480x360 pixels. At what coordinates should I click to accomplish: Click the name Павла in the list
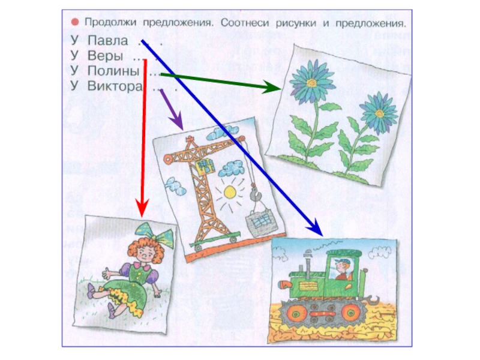(x=107, y=41)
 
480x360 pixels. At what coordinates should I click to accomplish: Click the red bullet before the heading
(x=76, y=22)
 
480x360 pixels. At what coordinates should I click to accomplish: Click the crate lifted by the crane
(x=261, y=223)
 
